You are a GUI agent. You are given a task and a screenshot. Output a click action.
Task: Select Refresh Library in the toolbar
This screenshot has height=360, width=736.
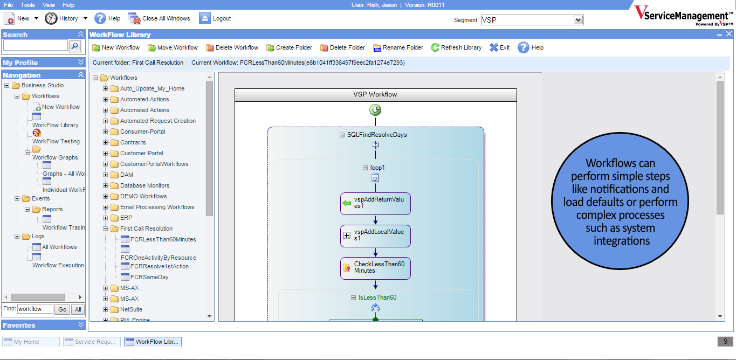[x=456, y=47]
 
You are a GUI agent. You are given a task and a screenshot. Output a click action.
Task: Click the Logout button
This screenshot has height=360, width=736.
[x=215, y=18]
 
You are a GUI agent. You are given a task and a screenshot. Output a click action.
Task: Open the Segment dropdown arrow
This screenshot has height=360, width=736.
[x=579, y=20]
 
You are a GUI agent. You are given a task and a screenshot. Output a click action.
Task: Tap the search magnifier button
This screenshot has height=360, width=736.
[x=75, y=46]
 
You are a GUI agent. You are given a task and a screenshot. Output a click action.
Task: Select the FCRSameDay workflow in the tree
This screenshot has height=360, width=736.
[x=149, y=277]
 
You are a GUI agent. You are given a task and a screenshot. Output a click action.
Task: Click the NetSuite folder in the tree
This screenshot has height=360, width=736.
[x=131, y=309]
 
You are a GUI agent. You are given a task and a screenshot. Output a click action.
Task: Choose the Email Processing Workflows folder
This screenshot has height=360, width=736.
[x=157, y=207]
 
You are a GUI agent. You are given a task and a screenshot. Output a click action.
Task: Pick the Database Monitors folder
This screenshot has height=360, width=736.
[x=145, y=185]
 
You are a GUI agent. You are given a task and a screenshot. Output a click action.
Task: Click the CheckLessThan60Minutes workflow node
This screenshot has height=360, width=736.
[x=375, y=268]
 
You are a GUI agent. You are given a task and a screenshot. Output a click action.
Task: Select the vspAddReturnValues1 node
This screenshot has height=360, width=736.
[x=375, y=203]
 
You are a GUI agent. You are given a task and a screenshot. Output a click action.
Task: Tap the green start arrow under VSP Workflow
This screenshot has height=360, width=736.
[x=375, y=110]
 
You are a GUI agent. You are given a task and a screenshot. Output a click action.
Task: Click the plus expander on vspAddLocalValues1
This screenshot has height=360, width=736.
[x=347, y=236]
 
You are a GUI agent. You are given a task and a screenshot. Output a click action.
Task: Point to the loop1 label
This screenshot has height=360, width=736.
[x=377, y=168]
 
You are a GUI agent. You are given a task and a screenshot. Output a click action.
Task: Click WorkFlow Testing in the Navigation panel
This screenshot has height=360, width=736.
[x=56, y=141]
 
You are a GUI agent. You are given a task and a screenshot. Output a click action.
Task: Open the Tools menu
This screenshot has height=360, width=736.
[x=27, y=4]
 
